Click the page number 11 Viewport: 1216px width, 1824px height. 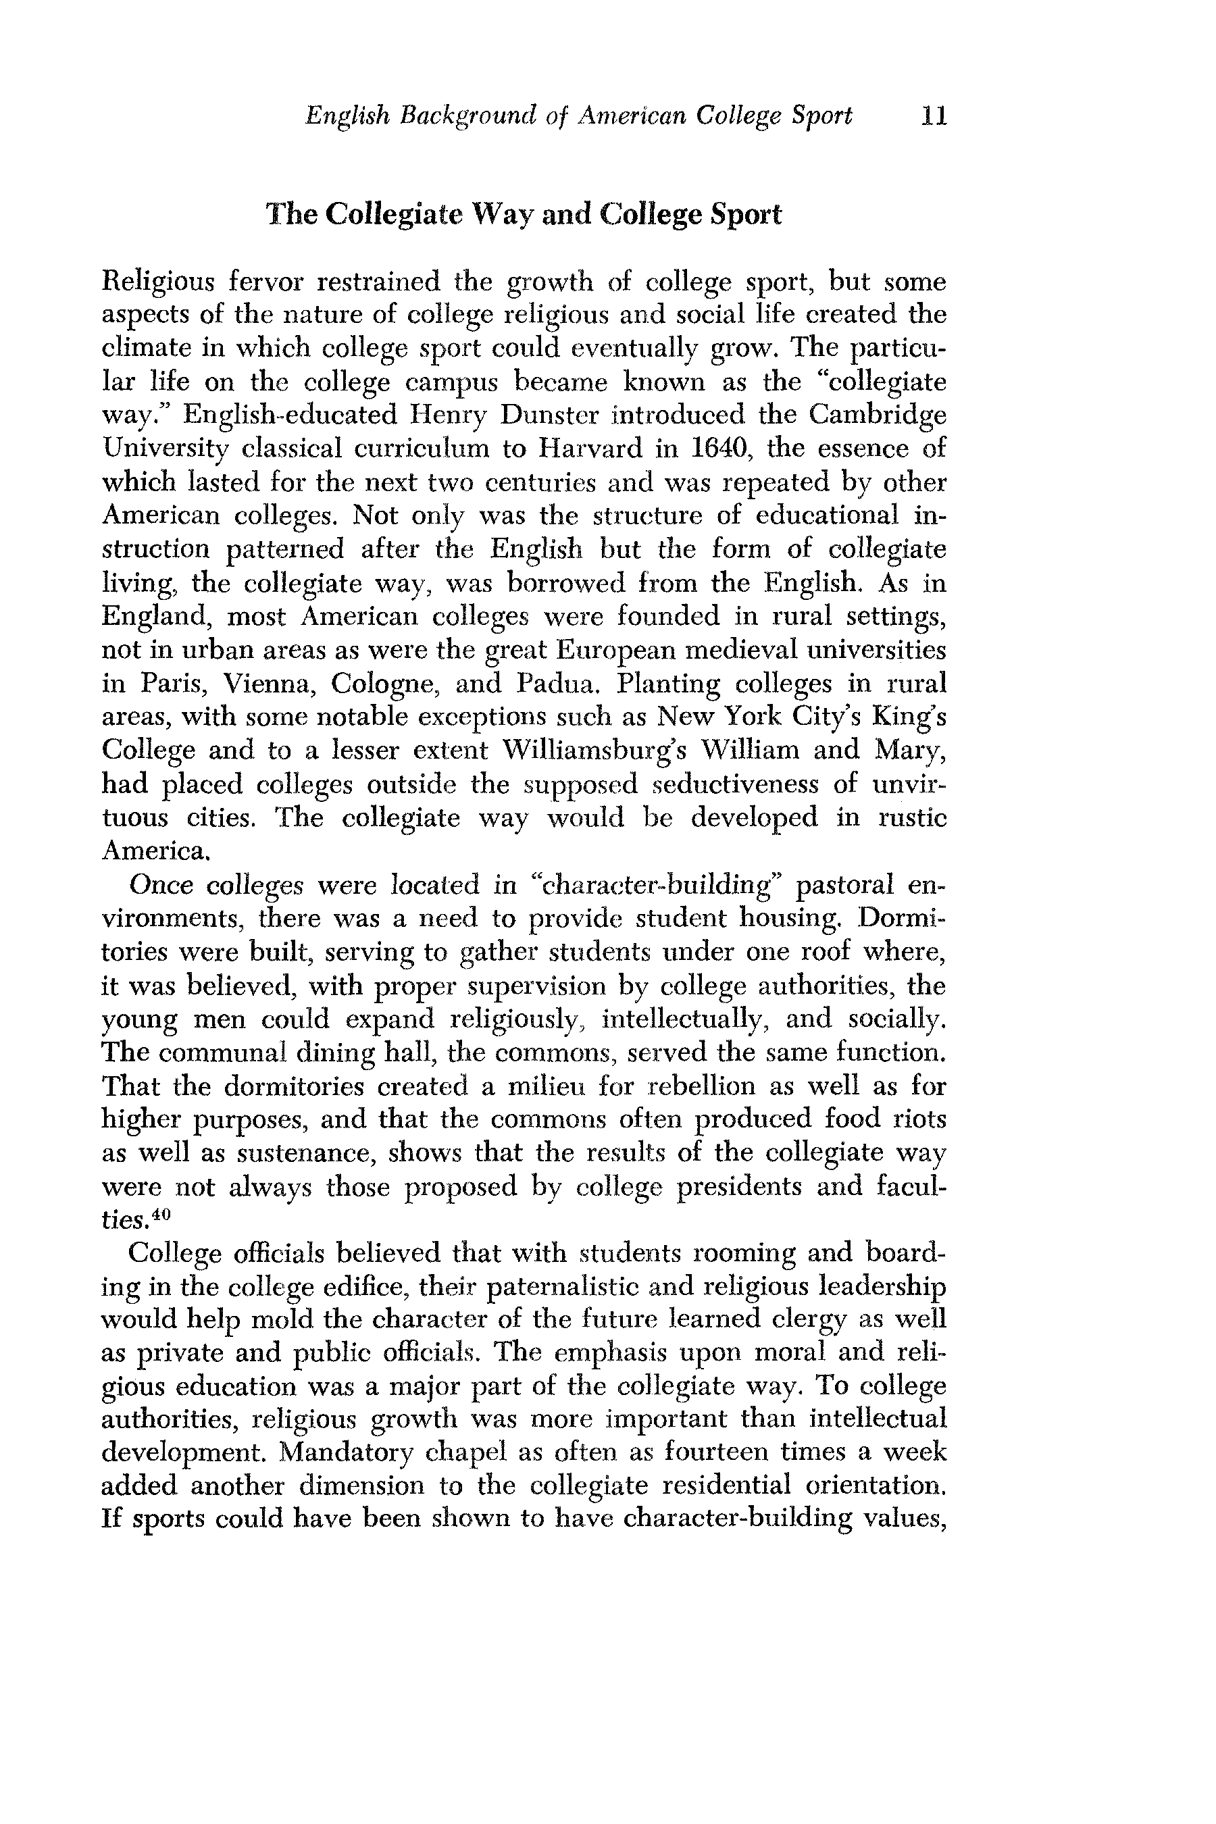[933, 116]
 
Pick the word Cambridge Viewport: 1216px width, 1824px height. [877, 415]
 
